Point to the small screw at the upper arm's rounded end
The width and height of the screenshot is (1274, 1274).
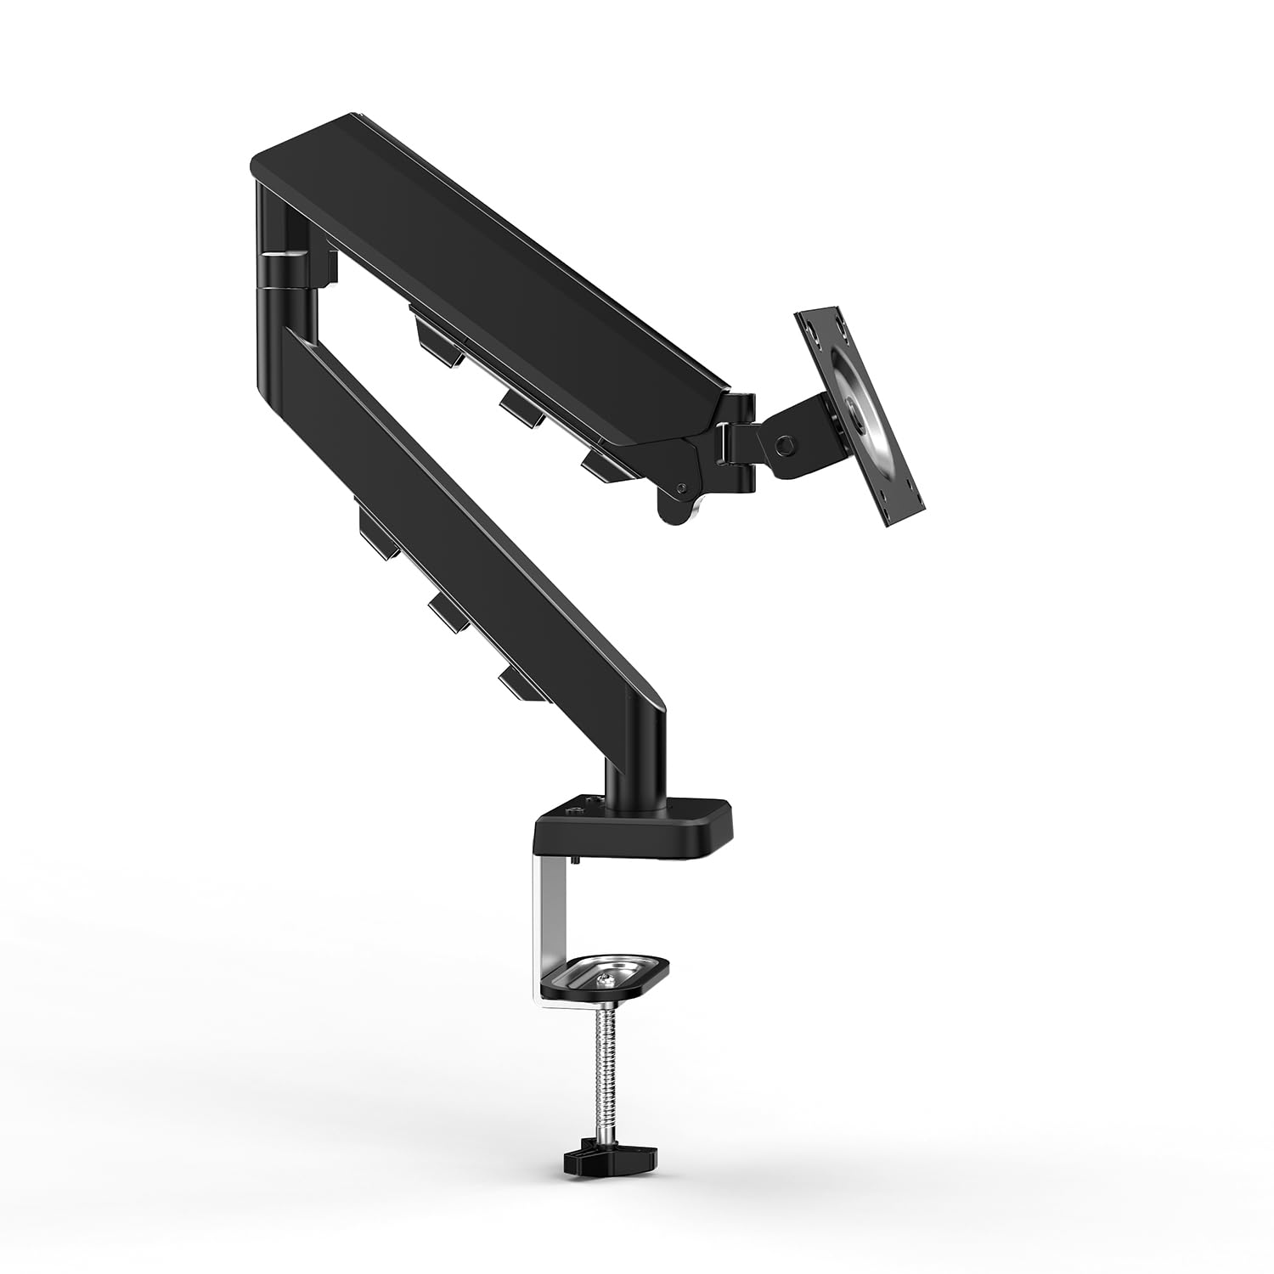pos(682,488)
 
